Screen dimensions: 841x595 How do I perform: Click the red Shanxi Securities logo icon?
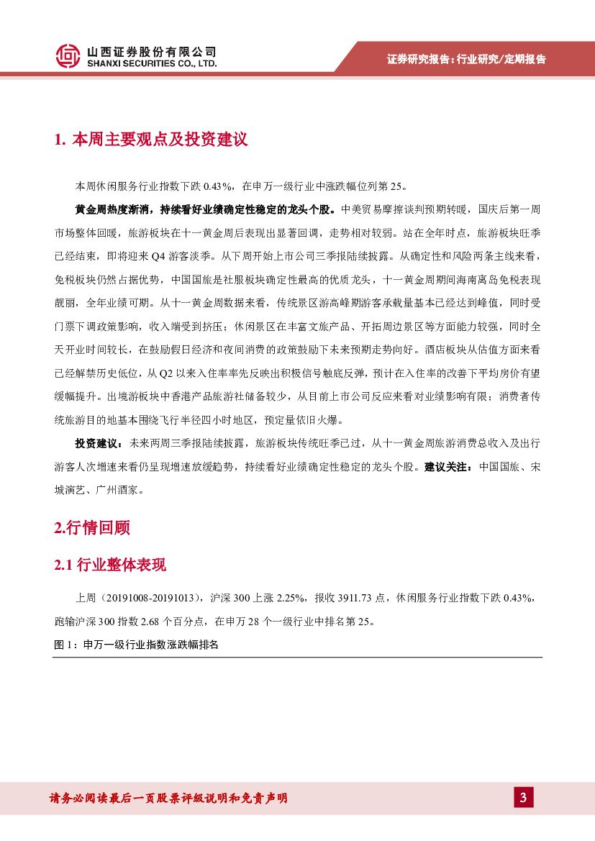tap(68, 56)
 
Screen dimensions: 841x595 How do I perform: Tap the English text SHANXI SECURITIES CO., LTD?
tap(151, 64)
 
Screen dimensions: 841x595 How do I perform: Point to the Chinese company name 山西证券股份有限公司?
tap(151, 52)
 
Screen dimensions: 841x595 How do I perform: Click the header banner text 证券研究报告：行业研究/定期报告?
tap(466, 59)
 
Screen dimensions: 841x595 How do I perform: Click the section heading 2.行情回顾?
tap(92, 527)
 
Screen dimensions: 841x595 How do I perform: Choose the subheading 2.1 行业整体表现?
tap(110, 565)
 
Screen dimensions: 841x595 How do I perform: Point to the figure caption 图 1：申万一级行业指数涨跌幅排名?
tap(136, 645)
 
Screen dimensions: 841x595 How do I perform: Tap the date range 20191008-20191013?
tap(153, 599)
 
